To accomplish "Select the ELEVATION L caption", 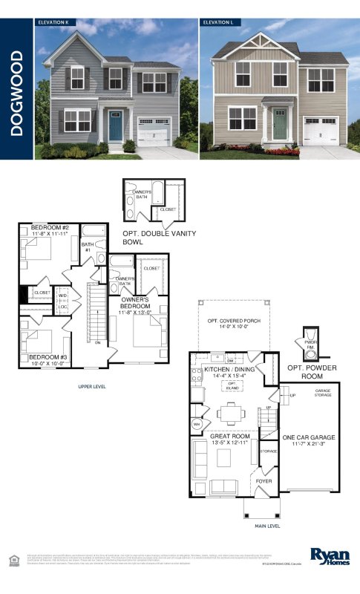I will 218,22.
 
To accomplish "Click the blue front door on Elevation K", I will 115,126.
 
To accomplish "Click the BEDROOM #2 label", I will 49,227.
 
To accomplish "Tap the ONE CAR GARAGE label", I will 310,439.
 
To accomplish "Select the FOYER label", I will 264,480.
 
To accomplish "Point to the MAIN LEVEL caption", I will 267,526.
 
